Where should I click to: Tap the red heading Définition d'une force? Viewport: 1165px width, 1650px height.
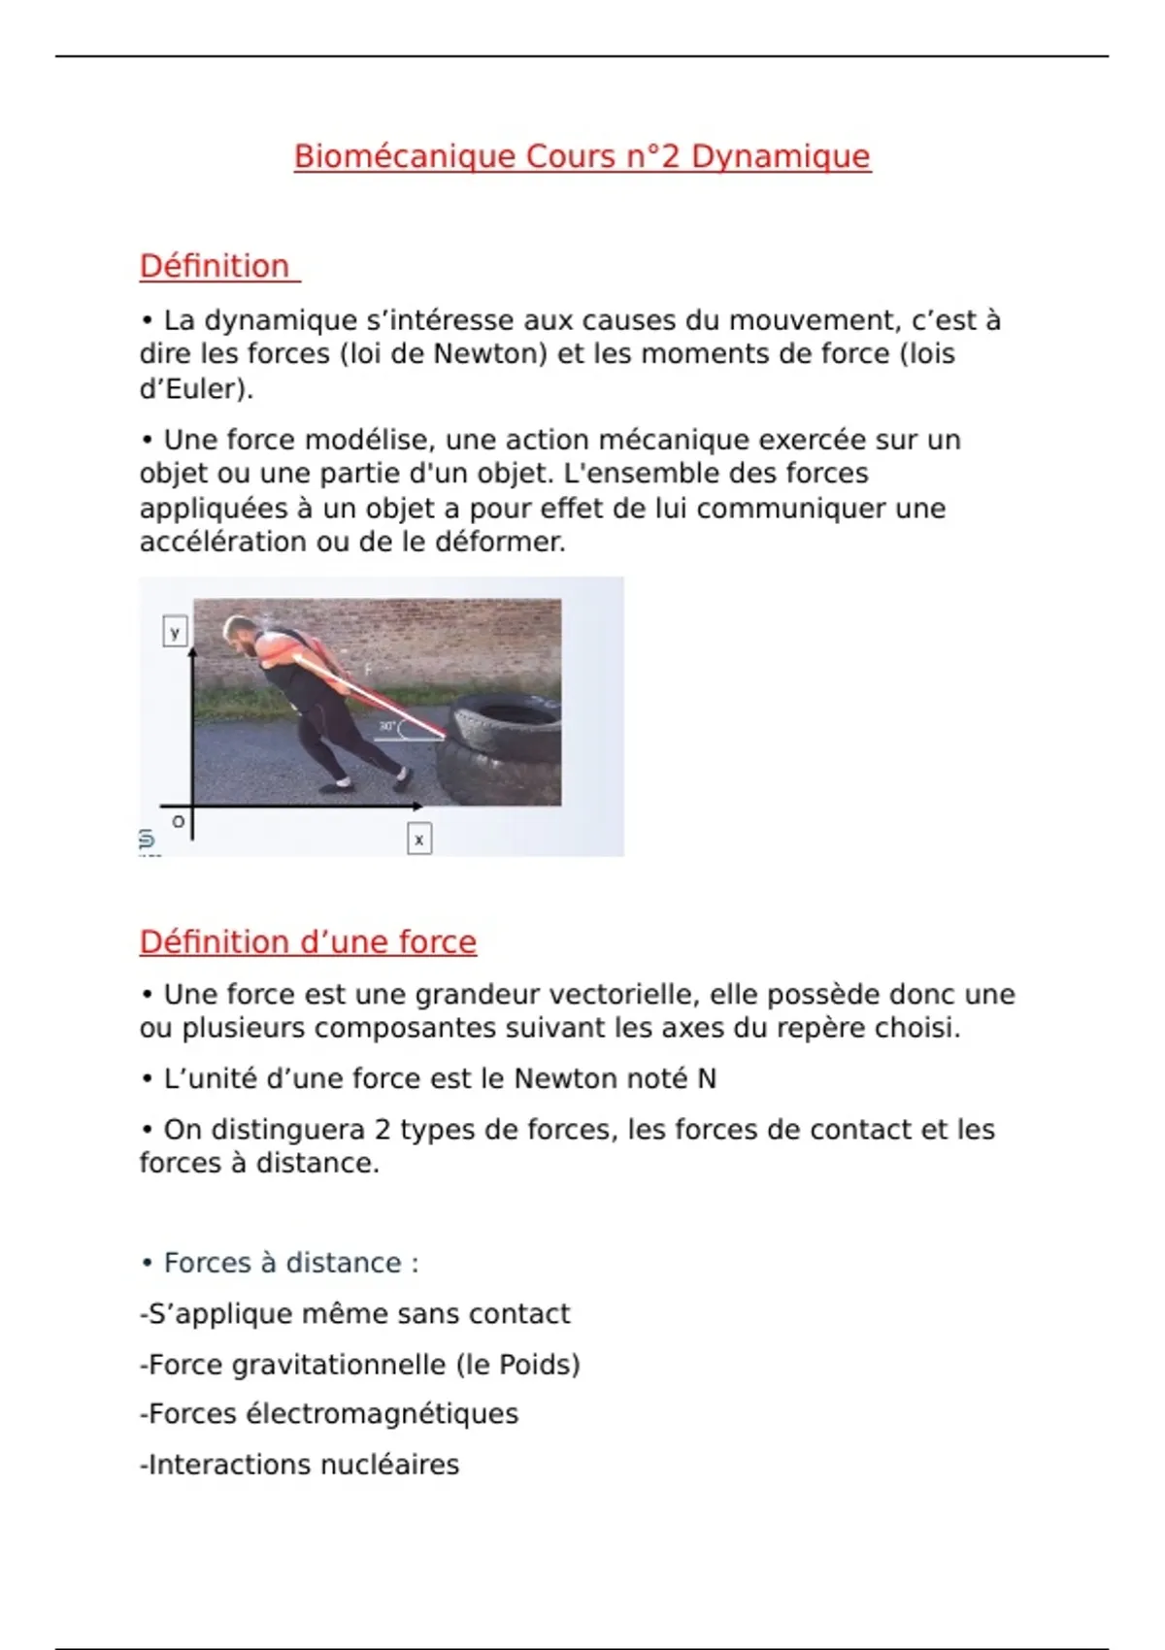(x=308, y=941)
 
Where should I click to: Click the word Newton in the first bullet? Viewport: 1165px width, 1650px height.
(x=483, y=353)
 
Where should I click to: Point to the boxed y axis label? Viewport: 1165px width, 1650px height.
(x=175, y=633)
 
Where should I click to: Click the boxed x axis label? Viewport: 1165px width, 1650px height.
(x=418, y=840)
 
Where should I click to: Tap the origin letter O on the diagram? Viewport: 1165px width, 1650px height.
(x=178, y=822)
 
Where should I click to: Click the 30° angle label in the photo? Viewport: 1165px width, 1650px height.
(x=387, y=726)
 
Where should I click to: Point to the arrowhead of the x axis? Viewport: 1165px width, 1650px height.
(x=416, y=806)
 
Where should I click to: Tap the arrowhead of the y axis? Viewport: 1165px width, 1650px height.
(x=192, y=652)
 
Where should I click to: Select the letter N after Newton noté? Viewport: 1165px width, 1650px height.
(x=707, y=1079)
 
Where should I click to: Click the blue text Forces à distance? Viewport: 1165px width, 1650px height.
(x=283, y=1263)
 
